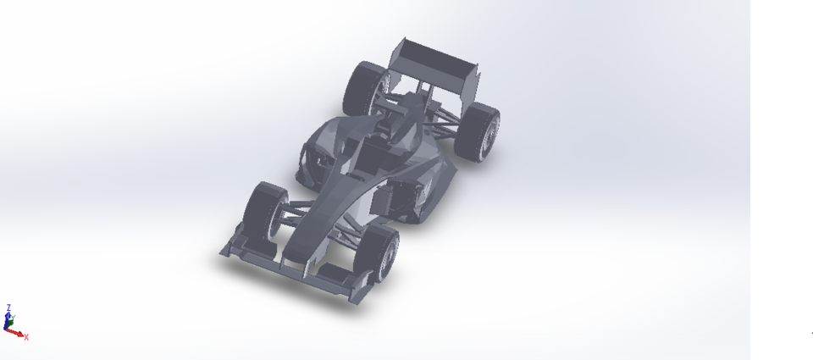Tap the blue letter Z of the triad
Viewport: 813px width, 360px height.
tap(8, 307)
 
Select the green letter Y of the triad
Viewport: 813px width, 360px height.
tap(14, 318)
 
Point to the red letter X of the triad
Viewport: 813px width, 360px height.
tap(26, 337)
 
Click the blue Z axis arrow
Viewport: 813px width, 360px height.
tap(8, 317)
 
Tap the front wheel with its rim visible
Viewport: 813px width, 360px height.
tap(384, 253)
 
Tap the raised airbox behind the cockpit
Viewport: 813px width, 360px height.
tap(410, 110)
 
